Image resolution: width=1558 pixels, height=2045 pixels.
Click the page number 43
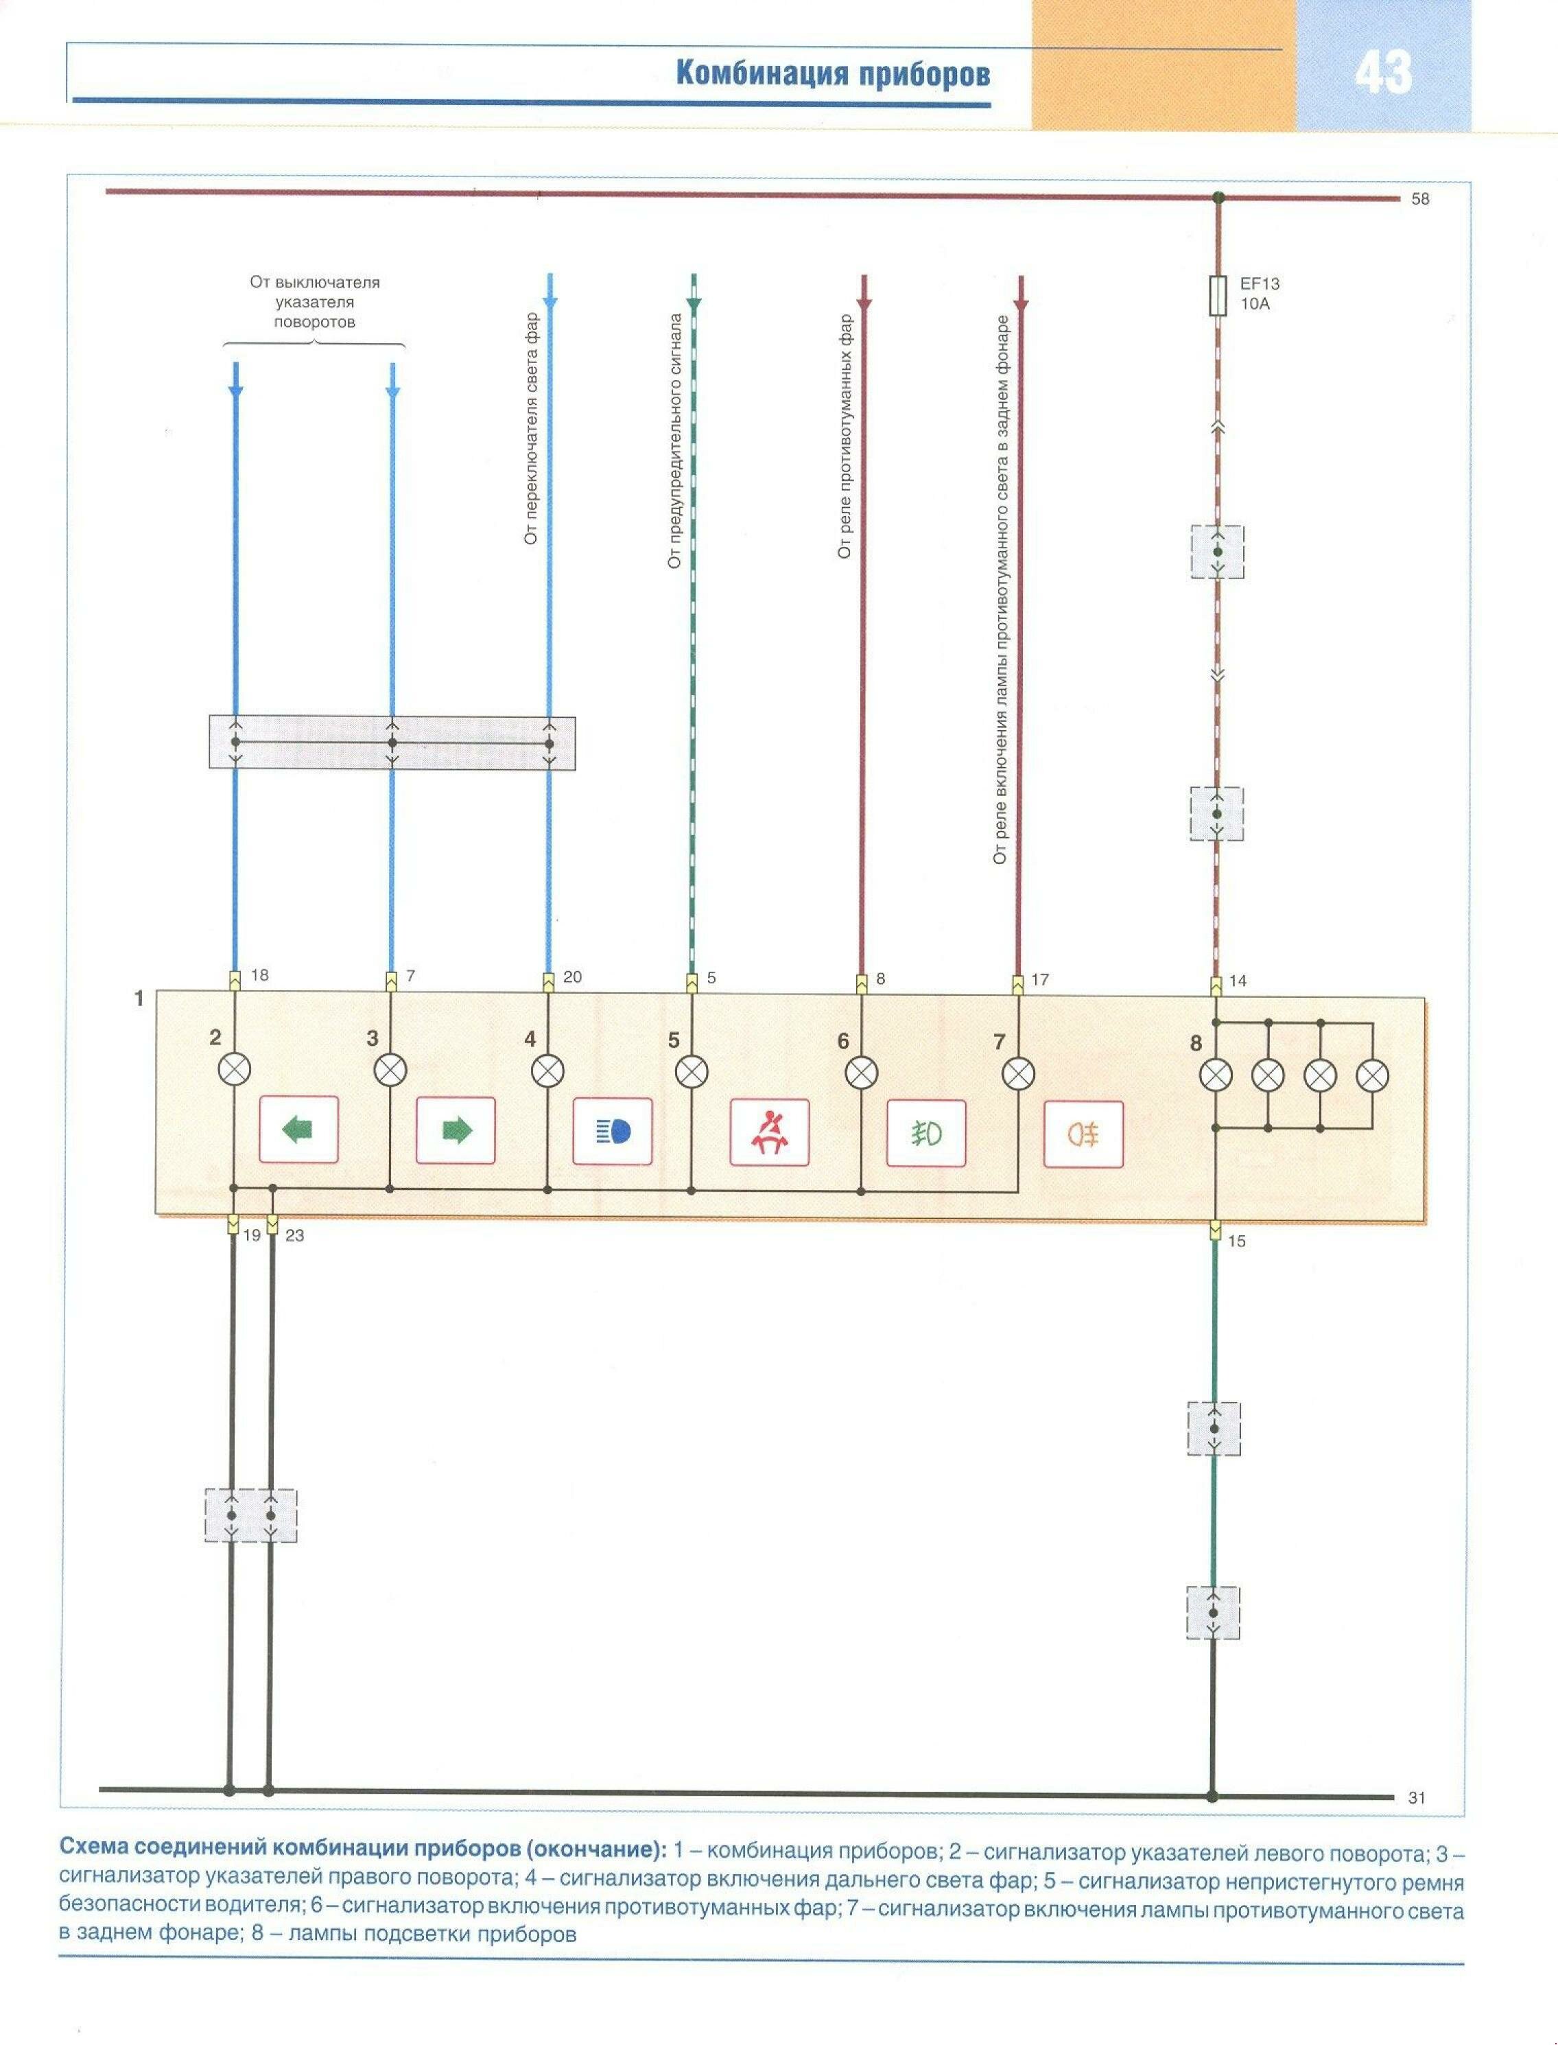pyautogui.click(x=1383, y=72)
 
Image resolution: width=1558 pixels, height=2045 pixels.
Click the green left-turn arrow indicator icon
pyautogui.click(x=298, y=1130)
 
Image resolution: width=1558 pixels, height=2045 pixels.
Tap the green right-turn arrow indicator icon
pyautogui.click(x=456, y=1130)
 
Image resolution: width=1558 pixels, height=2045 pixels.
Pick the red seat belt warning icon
pyautogui.click(x=769, y=1132)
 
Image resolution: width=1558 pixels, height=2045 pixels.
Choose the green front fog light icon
pyautogui.click(x=926, y=1132)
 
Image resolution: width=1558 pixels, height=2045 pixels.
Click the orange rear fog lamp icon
pyautogui.click(x=1083, y=1134)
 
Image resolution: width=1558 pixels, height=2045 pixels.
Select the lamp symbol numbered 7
pyautogui.click(x=1018, y=1074)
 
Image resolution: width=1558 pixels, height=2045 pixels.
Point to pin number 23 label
pyautogui.click(x=295, y=1235)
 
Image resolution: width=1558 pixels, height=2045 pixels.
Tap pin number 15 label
pyautogui.click(x=1237, y=1241)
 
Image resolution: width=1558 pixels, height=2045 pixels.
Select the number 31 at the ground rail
pyautogui.click(x=1416, y=1797)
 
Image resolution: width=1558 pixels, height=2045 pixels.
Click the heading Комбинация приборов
pyautogui.click(x=832, y=74)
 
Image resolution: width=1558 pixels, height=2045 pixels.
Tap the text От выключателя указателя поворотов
pyautogui.click(x=314, y=303)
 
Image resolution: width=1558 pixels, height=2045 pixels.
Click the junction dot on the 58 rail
pyautogui.click(x=1218, y=198)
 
